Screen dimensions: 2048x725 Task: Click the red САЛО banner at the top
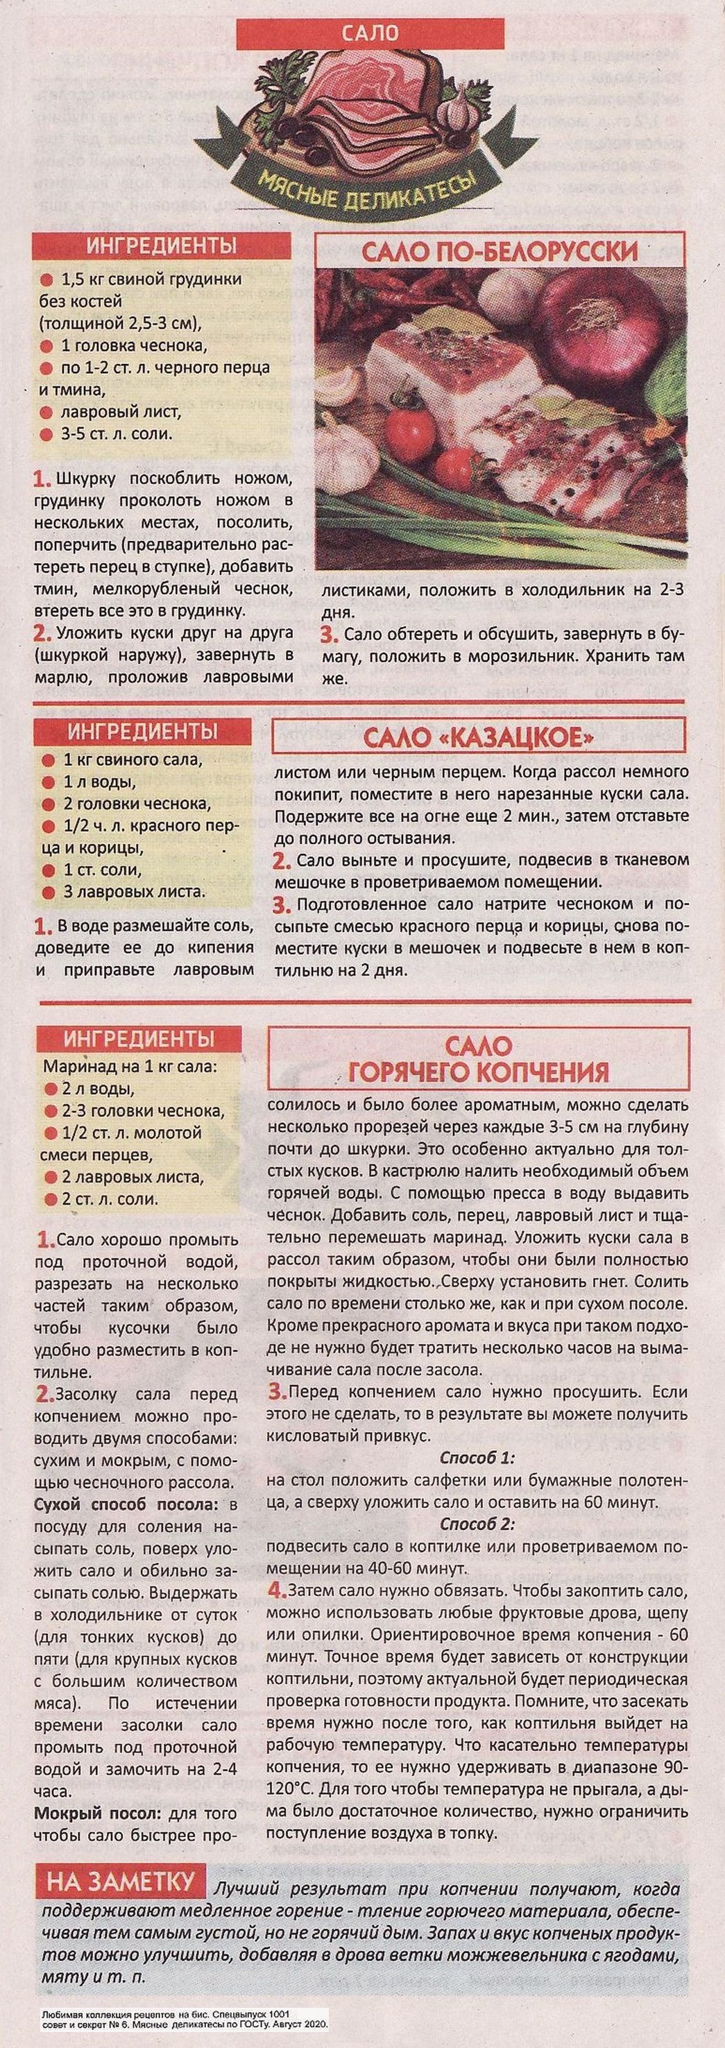(x=370, y=33)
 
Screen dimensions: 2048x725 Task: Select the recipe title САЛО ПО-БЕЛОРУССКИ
(x=501, y=251)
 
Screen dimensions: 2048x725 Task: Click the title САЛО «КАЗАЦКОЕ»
(x=479, y=739)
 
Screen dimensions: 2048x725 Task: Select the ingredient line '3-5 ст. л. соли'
(x=115, y=434)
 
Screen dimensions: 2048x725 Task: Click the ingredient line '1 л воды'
(x=100, y=782)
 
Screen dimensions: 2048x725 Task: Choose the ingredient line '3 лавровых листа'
(x=133, y=891)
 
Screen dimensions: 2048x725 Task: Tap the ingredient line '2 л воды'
(x=99, y=1088)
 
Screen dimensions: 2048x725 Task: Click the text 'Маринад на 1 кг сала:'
(x=130, y=1066)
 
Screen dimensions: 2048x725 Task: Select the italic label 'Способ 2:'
(x=478, y=1524)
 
